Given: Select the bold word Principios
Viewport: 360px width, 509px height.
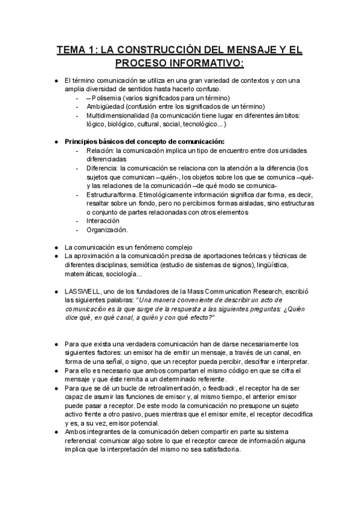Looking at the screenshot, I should (x=83, y=141).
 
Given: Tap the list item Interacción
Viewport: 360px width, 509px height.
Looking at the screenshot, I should (x=103, y=220).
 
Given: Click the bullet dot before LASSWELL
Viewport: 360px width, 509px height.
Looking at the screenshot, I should (x=55, y=291).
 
